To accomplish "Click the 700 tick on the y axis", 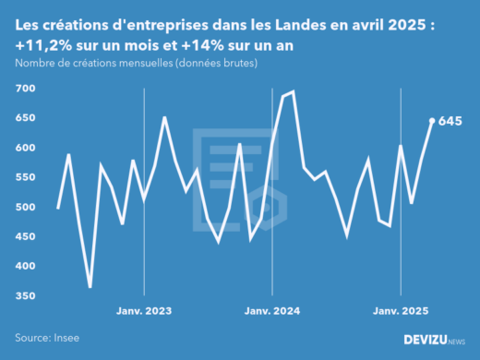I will (24, 89).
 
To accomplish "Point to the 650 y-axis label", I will (24, 118).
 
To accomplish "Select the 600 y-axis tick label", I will (24, 148).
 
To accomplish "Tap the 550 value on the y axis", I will (24, 177).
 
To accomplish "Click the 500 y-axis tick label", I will (24, 207).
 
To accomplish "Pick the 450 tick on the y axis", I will (24, 236).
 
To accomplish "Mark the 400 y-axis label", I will (24, 266).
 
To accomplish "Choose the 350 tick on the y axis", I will (24, 295).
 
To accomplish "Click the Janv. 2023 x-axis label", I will (144, 312).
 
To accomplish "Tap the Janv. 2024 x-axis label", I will (272, 312).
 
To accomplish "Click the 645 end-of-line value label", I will (450, 121).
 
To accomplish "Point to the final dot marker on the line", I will (432, 120).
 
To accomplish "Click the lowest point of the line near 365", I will (90, 286).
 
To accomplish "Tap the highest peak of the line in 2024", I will (293, 91).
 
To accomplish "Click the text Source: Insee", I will (45, 338).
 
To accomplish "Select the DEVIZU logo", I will (434, 340).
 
